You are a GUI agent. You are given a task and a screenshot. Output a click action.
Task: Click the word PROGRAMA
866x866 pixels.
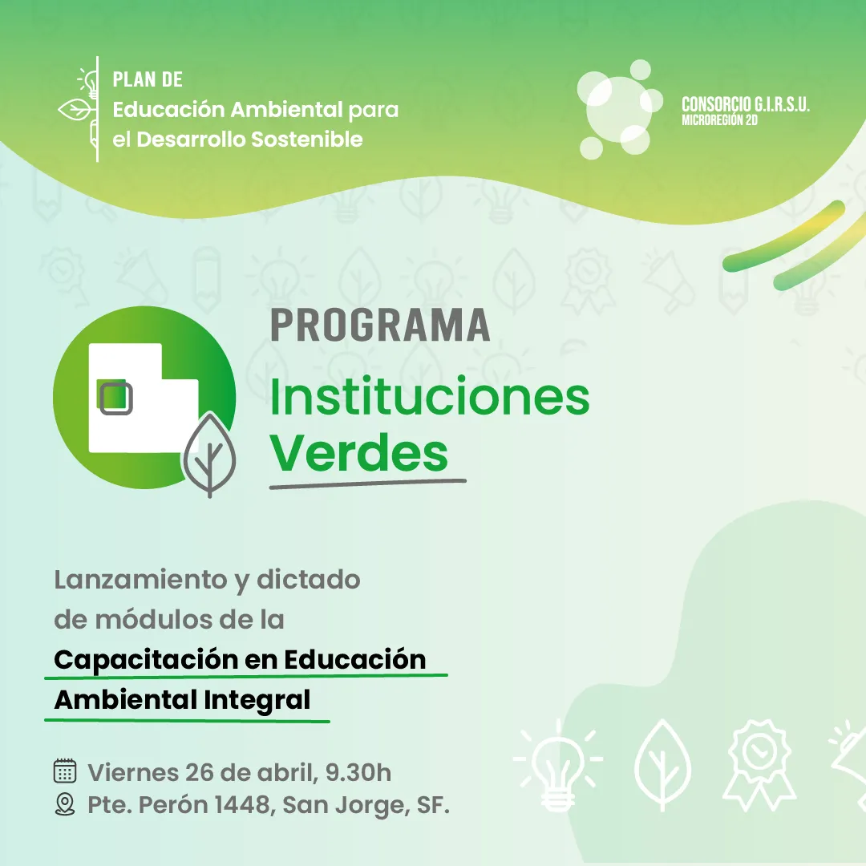380,326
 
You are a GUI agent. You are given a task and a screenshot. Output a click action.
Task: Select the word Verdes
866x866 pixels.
359,453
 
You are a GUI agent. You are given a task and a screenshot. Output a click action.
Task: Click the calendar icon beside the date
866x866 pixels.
65,771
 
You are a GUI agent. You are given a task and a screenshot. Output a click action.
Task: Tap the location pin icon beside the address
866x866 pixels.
65,804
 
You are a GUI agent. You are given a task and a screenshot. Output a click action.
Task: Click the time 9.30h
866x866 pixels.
358,772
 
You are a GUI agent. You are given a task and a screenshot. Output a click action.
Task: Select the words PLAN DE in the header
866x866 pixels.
148,79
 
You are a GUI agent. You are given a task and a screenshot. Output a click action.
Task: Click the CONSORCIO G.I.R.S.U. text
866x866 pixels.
746,104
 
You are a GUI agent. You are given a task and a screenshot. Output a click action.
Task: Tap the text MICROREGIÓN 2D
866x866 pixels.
719,119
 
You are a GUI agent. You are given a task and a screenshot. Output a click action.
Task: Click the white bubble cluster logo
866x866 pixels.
619,109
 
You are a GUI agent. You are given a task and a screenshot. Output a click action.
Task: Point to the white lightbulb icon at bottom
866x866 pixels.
558,765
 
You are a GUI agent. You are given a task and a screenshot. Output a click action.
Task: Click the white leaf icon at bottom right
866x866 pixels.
663,765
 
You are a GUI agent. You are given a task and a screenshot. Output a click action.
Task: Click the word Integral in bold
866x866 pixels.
257,700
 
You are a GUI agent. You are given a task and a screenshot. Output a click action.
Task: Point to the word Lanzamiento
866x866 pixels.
141,580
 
